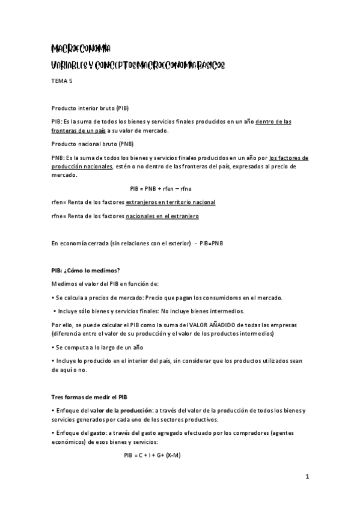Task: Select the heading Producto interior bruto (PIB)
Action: coord(90,108)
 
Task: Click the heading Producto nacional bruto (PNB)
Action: coord(93,144)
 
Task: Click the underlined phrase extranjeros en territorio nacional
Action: coord(170,202)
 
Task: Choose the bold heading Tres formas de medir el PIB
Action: coord(89,397)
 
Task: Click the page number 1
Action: coord(307,478)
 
